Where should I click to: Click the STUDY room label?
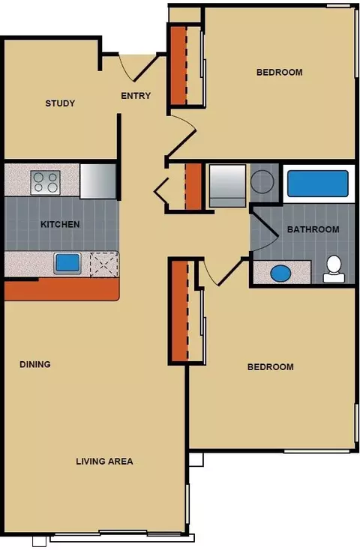click(60, 103)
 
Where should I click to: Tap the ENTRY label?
click(136, 95)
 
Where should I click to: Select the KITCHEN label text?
click(60, 224)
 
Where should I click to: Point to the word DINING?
click(35, 364)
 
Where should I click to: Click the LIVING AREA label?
click(105, 461)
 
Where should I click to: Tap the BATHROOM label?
click(313, 229)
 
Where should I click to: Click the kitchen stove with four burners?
click(45, 182)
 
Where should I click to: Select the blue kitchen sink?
click(67, 263)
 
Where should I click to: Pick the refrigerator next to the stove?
click(98, 181)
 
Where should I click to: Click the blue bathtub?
click(318, 184)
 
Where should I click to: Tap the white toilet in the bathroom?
click(334, 270)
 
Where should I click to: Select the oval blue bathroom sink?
click(281, 274)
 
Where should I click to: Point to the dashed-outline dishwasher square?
click(103, 264)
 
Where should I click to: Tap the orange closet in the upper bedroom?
click(178, 66)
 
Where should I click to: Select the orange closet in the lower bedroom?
click(180, 311)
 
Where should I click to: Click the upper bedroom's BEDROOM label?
click(280, 72)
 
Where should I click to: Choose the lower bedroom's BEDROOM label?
click(271, 367)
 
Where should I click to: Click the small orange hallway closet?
click(193, 187)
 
